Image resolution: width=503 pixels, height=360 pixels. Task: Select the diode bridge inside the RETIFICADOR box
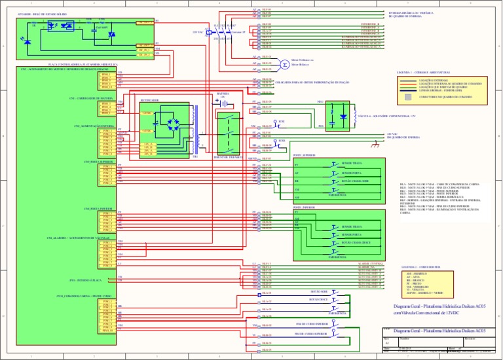coord(172,122)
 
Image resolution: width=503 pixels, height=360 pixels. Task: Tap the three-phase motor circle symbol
coord(284,64)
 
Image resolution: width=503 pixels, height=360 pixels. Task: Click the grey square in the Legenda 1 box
coord(408,96)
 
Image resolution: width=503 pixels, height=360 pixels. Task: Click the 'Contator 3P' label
coord(238,31)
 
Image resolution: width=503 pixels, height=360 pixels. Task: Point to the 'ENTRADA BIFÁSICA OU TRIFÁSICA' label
coord(411,12)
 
